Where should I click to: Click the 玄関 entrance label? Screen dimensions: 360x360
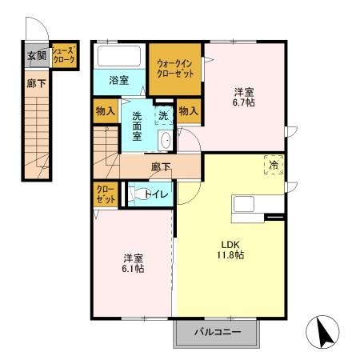tap(35, 56)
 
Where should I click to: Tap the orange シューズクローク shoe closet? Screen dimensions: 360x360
tap(63, 56)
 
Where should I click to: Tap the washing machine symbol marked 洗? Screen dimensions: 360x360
tap(163, 114)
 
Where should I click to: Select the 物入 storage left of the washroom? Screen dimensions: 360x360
tap(106, 110)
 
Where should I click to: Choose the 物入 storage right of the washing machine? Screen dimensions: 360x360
tap(188, 110)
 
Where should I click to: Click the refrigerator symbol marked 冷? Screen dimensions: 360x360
tap(273, 166)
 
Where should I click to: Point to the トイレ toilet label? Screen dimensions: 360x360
tap(155, 194)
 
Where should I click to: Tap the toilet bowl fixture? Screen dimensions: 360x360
tap(136, 194)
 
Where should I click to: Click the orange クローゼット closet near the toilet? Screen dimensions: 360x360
tap(105, 194)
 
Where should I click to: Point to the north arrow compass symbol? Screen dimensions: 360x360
tap(322, 332)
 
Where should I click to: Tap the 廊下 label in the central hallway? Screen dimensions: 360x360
tap(161, 167)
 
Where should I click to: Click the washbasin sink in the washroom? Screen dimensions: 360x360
tap(166, 141)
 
